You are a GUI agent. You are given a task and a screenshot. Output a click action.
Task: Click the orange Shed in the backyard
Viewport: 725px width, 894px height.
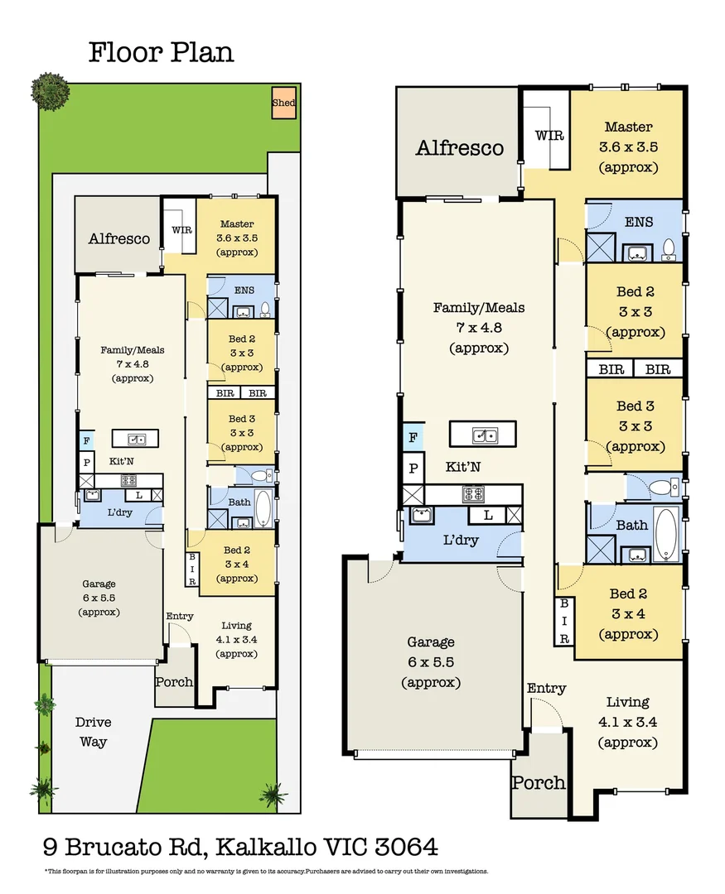[283, 103]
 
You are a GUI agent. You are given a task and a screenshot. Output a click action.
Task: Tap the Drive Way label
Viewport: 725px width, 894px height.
[94, 732]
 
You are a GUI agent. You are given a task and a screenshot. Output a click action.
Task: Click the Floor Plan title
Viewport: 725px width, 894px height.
[162, 53]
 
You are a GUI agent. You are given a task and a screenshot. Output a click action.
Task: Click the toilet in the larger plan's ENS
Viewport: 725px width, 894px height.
[668, 247]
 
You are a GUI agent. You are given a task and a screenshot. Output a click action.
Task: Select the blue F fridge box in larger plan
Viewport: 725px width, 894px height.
[412, 436]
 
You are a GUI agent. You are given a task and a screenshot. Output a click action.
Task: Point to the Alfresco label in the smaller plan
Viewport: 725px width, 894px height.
[119, 239]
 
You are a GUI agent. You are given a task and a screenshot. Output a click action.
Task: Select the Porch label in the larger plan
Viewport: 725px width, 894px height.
[538, 782]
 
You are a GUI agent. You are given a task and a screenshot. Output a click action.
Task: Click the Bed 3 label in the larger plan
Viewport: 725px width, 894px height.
[634, 406]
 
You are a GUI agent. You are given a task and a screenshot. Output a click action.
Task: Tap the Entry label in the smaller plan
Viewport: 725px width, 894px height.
[180, 616]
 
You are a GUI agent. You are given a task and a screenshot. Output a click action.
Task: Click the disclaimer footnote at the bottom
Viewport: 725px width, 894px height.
[266, 871]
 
